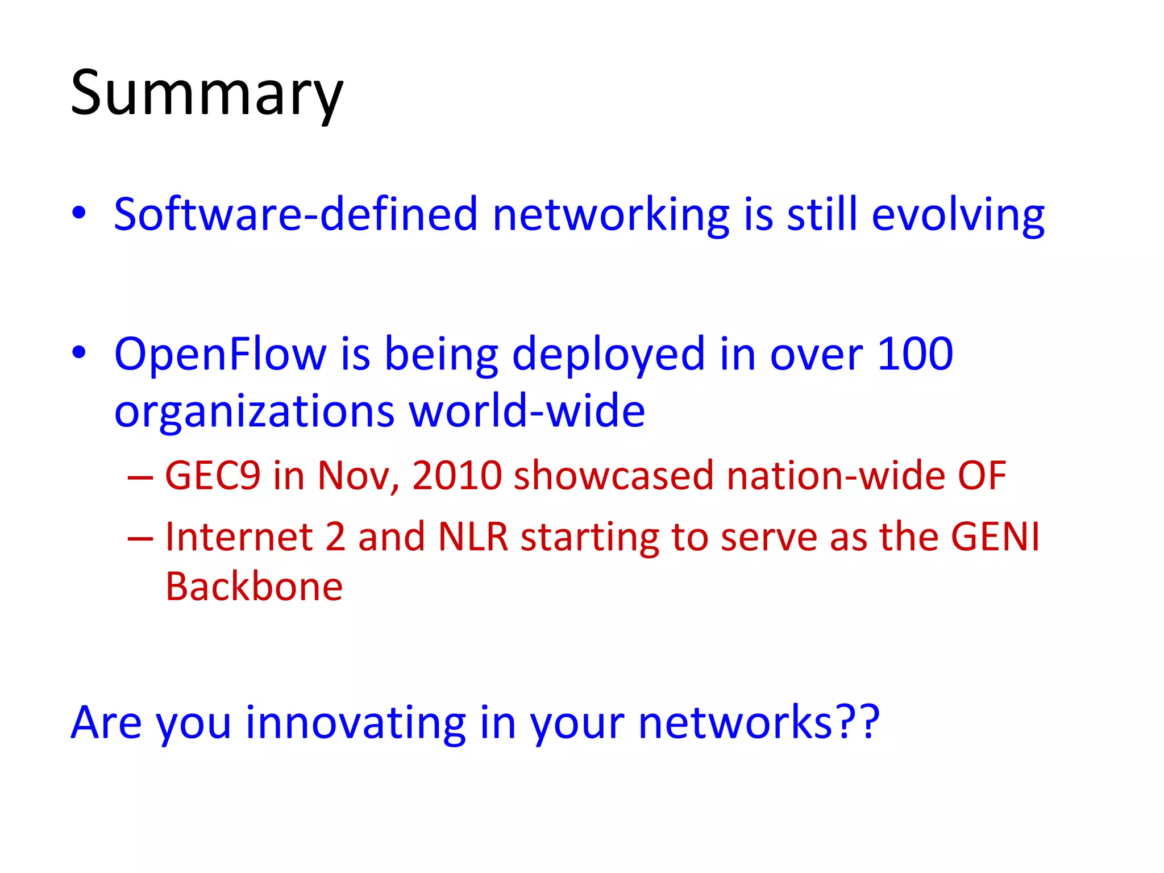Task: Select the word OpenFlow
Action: pos(220,354)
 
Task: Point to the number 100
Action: pos(915,354)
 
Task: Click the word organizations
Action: pos(254,412)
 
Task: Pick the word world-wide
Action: pos(527,411)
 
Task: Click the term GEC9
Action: pos(213,476)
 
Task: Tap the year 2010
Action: pos(457,476)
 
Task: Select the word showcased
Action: pos(613,476)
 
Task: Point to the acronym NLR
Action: pos(473,537)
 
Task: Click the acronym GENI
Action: pos(995,537)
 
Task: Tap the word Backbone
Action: pos(254,587)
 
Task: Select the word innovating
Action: pos(355,723)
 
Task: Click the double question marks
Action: pos(859,722)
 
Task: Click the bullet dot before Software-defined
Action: pos(79,213)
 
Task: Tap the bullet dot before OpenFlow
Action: pos(79,352)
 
